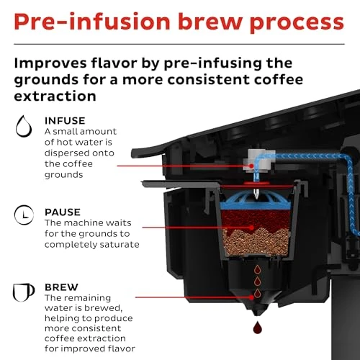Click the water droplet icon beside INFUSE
(24, 127)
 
